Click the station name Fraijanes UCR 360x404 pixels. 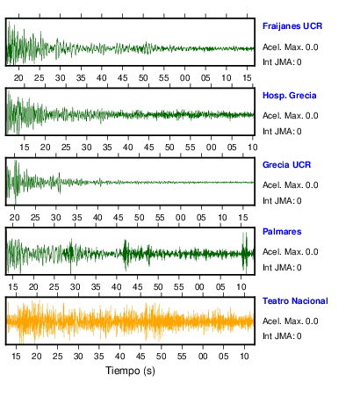pyautogui.click(x=292, y=26)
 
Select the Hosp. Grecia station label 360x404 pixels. pyautogui.click(x=290, y=96)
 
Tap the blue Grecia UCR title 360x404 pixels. pyautogui.click(x=286, y=165)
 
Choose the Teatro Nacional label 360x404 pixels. pyautogui.click(x=295, y=301)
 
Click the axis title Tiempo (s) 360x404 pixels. pyautogui.click(x=130, y=371)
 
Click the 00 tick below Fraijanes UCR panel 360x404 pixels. pyautogui.click(x=184, y=78)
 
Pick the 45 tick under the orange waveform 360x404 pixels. pyautogui.click(x=140, y=357)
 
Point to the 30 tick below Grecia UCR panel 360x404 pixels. pyautogui.click(x=56, y=218)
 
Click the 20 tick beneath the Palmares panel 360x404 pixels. pyautogui.click(x=33, y=287)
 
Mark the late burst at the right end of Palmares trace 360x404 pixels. pyautogui.click(x=245, y=252)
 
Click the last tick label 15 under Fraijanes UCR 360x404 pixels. pyautogui.click(x=247, y=78)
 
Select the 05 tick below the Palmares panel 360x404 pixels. pyautogui.click(x=220, y=287)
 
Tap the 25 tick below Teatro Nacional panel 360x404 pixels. pyautogui.click(x=58, y=357)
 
